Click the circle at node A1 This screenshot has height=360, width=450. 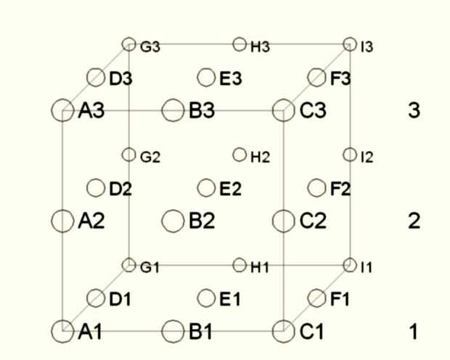pos(63,331)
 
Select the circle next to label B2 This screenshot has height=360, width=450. pos(173,221)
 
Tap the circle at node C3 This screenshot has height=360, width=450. pos(283,110)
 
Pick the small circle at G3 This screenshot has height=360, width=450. pos(129,44)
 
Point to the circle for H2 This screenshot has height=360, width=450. pos(240,155)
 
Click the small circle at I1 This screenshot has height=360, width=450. pos(350,265)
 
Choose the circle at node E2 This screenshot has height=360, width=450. pos(206,188)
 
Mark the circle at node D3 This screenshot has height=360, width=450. pos(96,77)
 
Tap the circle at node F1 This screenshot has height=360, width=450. pos(316,298)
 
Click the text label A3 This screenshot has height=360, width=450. pos(91,111)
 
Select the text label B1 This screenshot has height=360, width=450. pos(202,332)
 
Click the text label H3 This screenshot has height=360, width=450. pos(260,47)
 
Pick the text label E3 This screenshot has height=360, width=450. pos(231,78)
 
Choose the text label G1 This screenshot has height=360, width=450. pos(150,268)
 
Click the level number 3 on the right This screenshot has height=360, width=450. pos(414,111)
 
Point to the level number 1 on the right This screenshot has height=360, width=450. pos(414,332)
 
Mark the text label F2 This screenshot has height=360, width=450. pos(340,189)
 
